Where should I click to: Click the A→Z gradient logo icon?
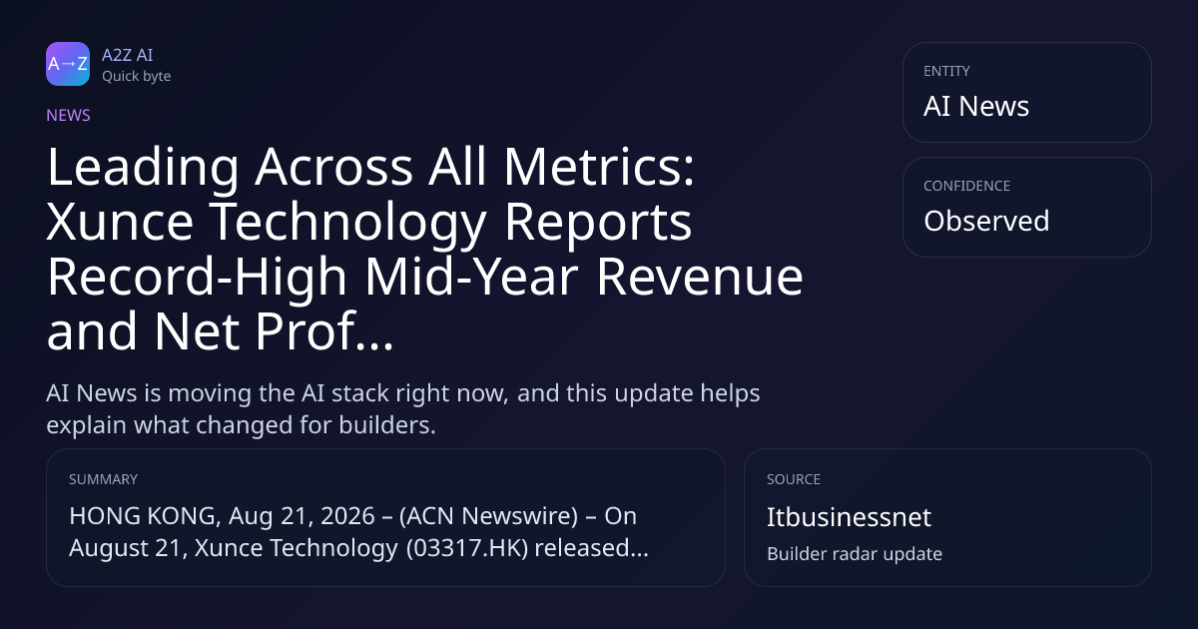tap(68, 64)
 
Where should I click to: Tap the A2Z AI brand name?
tap(128, 55)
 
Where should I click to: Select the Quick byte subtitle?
tap(137, 77)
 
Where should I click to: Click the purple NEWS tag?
tap(69, 116)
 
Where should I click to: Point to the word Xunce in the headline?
tap(120, 222)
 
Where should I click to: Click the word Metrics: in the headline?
tap(599, 167)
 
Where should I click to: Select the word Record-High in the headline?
tap(198, 277)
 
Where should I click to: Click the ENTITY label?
tap(946, 71)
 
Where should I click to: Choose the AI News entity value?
tap(976, 106)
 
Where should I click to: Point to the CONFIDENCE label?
tap(967, 186)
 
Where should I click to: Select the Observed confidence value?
tap(986, 221)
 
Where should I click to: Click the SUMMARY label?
tap(103, 479)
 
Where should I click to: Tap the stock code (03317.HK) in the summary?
tap(467, 548)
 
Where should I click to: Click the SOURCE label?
tap(794, 479)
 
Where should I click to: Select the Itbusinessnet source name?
tap(849, 517)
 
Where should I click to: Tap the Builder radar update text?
tap(855, 554)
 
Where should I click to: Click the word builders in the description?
tap(387, 425)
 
